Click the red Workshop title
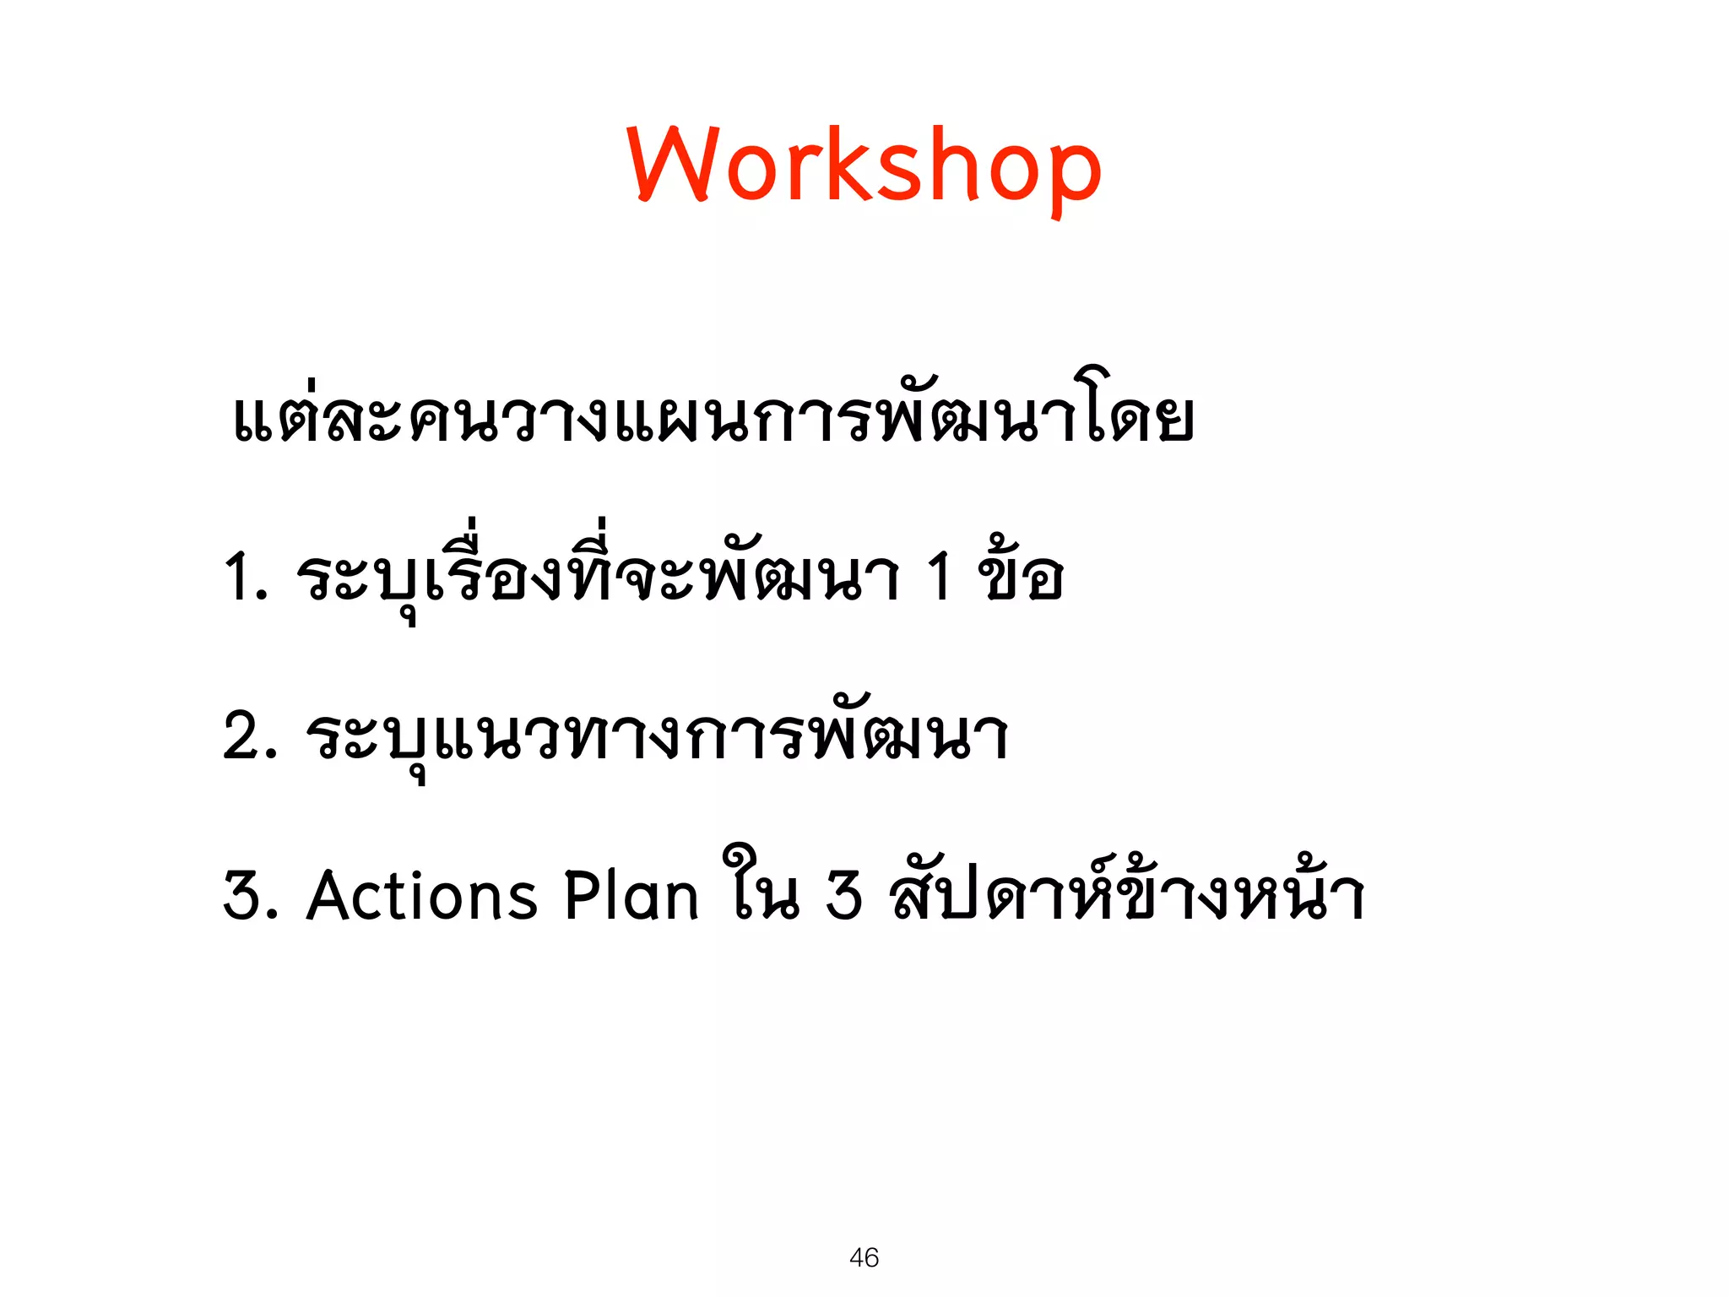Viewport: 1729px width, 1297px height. click(x=864, y=165)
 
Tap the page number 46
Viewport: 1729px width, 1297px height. click(x=864, y=1257)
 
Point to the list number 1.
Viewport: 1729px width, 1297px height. click(x=241, y=578)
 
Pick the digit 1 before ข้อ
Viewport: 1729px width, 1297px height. click(x=939, y=578)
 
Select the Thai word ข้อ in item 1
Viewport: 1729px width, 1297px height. click(x=1020, y=574)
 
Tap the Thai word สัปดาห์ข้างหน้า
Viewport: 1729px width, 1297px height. click(x=1127, y=891)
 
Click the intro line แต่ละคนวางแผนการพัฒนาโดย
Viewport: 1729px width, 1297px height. click(x=713, y=415)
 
